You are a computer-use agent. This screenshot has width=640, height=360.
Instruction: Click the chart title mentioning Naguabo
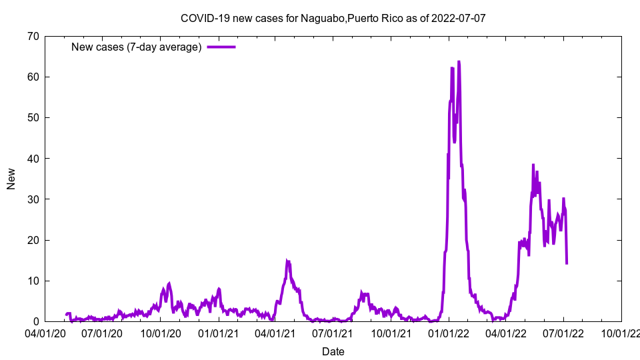tap(333, 18)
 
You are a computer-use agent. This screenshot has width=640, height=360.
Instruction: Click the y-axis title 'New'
tap(11, 179)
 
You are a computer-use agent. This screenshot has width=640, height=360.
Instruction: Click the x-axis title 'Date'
tap(333, 351)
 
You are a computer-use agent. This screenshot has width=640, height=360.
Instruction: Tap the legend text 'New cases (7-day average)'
tap(137, 47)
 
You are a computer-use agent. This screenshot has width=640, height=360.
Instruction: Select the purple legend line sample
tap(221, 47)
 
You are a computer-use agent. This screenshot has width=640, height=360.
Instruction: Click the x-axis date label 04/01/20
tap(45, 333)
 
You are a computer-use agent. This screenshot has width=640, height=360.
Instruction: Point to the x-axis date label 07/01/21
tap(333, 333)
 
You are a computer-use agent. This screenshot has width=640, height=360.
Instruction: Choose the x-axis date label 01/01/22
tap(449, 333)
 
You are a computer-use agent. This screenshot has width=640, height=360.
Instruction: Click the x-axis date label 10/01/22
tap(621, 333)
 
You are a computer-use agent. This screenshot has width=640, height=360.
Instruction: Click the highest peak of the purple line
tap(459, 62)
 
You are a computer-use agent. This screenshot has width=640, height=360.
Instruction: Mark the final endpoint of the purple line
tap(567, 263)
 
